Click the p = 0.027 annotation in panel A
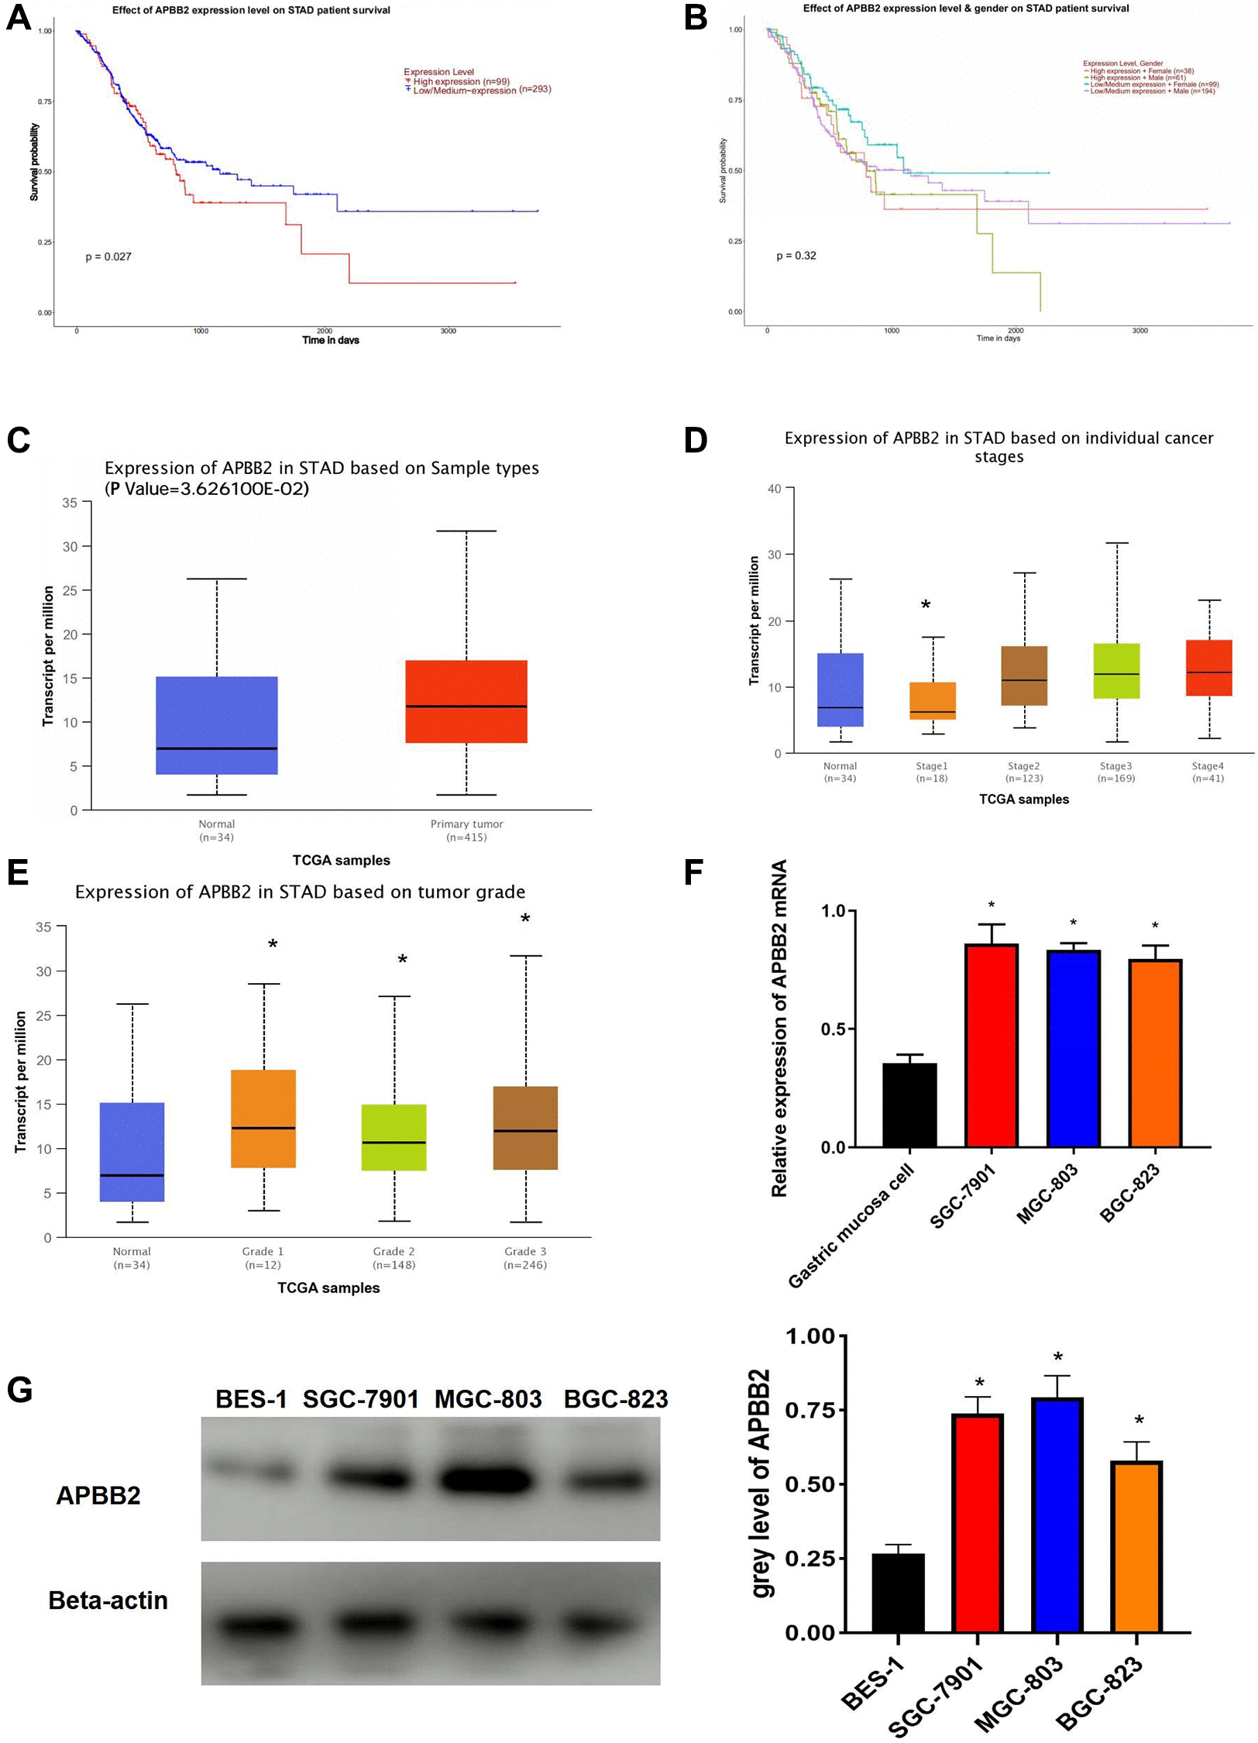[108, 257]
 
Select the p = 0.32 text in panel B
[796, 256]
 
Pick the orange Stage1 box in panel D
[932, 700]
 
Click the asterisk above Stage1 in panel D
[926, 605]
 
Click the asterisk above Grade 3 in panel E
[525, 920]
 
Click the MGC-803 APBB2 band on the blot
[486, 1480]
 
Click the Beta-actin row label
[108, 1600]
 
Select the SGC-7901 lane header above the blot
[360, 1399]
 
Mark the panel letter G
[19, 1390]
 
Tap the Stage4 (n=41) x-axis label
[1208, 772]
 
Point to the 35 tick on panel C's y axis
[70, 503]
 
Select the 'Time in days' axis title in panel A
[331, 340]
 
